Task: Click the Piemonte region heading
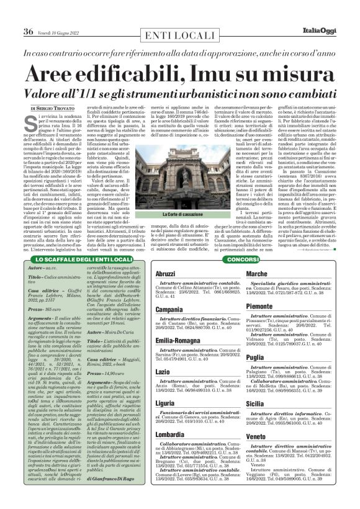point(261,306)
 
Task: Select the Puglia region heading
point(256,357)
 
